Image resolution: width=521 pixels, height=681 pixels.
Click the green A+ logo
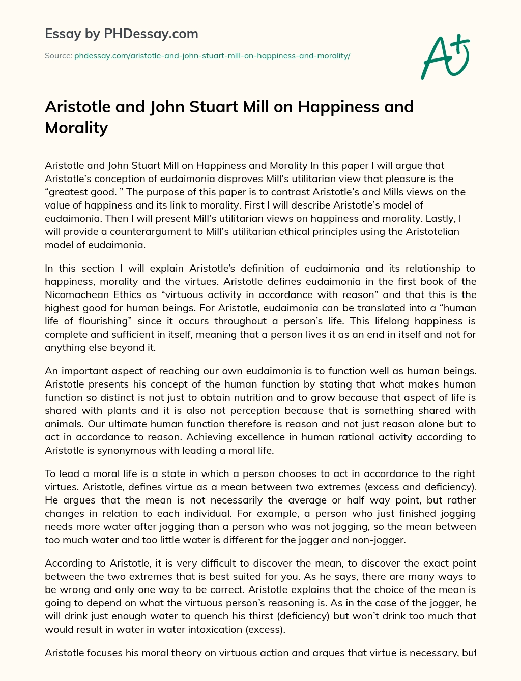click(x=445, y=57)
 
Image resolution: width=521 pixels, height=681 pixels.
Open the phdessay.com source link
click(x=212, y=56)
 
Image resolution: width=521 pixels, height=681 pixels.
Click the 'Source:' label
click(x=58, y=56)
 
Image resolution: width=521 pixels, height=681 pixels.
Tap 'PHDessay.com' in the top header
click(x=151, y=34)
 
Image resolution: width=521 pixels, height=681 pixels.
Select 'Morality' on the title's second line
click(x=76, y=127)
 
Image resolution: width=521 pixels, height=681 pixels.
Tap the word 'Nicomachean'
click(x=74, y=294)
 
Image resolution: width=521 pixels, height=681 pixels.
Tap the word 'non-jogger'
click(x=380, y=540)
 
